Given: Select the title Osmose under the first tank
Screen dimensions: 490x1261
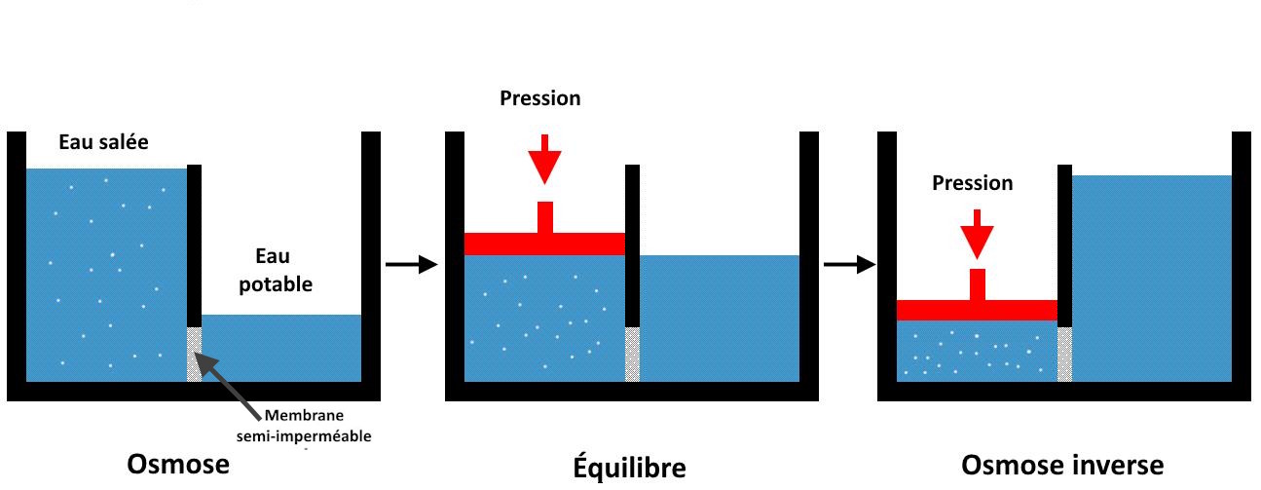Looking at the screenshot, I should pos(178,466).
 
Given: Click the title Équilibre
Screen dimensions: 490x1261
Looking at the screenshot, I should pos(628,468).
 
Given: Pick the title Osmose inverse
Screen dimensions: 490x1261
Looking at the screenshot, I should pos(1061,466).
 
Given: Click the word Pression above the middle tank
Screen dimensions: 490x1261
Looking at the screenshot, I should pos(539,98).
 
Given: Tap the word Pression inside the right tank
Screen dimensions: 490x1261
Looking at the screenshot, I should pos(972,183).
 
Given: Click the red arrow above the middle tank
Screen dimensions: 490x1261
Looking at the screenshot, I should pos(544,157).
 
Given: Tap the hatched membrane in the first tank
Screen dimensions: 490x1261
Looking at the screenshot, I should pos(194,354).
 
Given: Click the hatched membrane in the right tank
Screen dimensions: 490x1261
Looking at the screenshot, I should pos(1064,354).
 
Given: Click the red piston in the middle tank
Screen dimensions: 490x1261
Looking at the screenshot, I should pos(543,243).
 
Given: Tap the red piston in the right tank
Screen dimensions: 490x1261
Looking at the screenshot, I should pos(976,309).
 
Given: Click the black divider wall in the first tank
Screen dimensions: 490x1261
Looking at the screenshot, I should pos(194,244).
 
